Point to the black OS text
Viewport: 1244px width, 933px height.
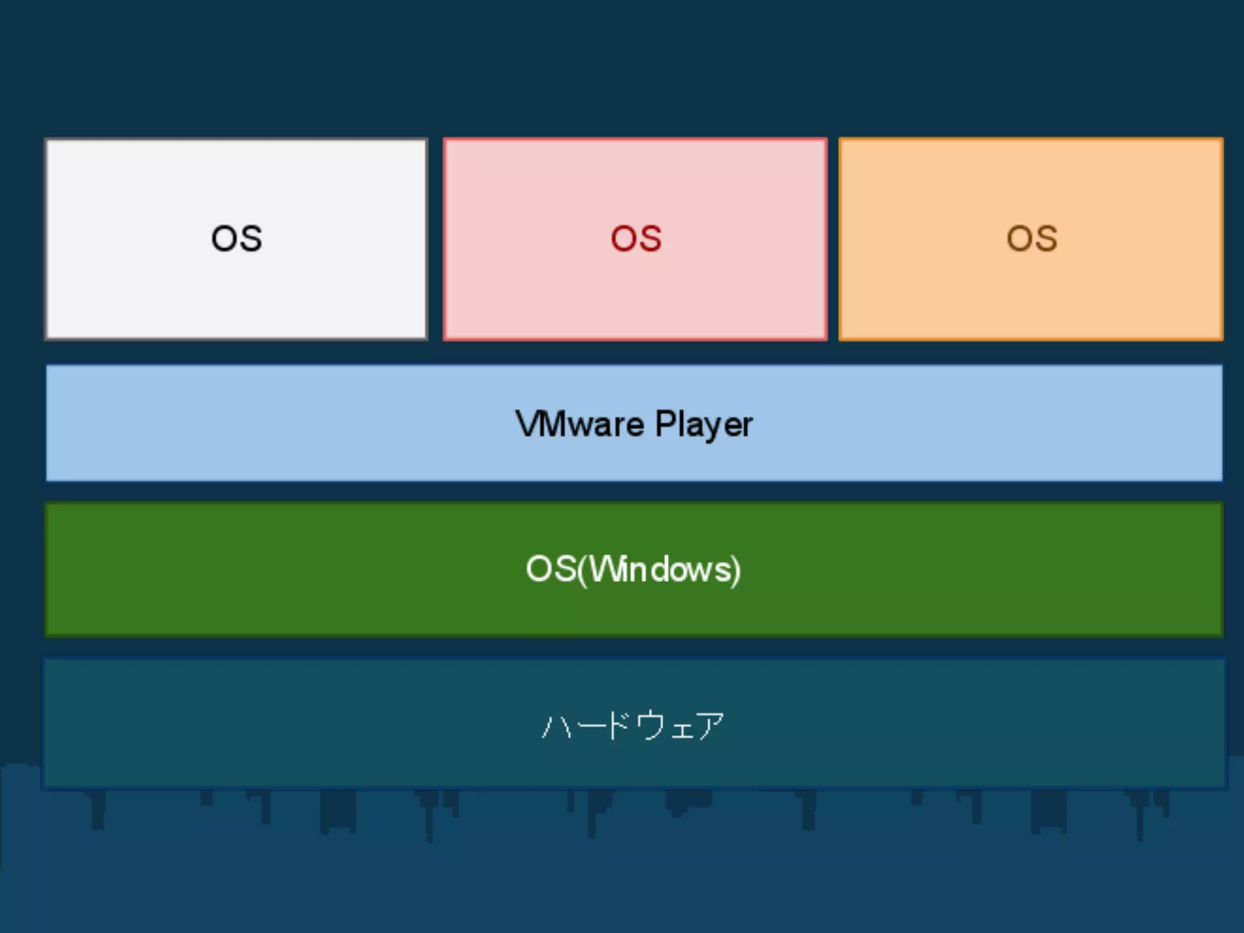pos(236,238)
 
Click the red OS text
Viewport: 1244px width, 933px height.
pos(636,238)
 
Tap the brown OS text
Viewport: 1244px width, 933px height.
pos(1032,238)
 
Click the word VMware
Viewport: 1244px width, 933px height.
pos(579,423)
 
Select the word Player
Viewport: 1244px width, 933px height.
pos(704,425)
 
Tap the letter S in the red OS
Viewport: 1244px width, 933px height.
pos(649,238)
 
